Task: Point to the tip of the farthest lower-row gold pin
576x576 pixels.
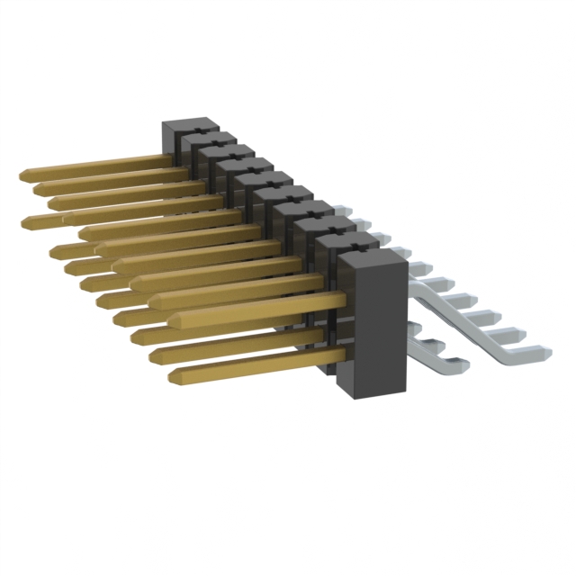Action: [25, 220]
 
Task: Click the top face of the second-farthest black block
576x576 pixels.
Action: [208, 139]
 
